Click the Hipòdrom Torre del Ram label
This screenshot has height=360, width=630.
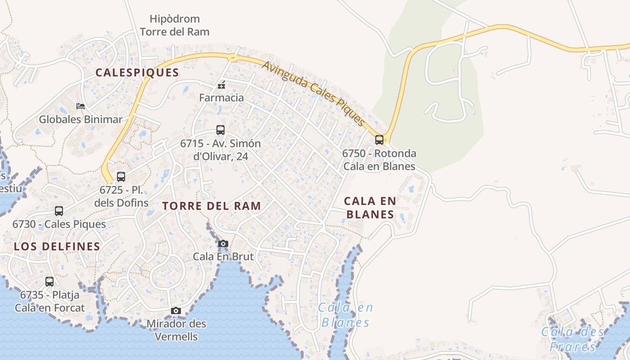point(175,25)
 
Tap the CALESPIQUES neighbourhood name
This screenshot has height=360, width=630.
point(137,72)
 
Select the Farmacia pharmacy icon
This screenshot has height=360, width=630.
point(221,85)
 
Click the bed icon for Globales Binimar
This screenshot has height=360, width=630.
point(81,106)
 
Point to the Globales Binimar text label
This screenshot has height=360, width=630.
point(81,119)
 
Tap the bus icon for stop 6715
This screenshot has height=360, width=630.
point(220,130)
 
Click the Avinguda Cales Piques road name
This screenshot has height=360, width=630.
point(313,93)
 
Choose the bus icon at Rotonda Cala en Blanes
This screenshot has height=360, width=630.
point(379,140)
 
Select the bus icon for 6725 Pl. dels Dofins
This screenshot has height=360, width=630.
point(121,177)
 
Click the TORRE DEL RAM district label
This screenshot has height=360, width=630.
point(211,206)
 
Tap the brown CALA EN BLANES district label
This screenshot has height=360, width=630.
point(370,207)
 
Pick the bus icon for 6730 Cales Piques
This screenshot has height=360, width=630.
point(59,211)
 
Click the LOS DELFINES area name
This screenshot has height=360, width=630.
point(57,246)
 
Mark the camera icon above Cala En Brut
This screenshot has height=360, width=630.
point(223,244)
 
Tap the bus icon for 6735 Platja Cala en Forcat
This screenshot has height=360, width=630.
point(49,282)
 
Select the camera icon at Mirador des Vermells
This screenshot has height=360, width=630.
point(176,311)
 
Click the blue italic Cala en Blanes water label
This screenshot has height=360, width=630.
point(346,315)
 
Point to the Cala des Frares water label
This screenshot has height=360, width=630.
point(572,339)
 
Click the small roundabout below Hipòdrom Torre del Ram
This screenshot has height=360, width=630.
point(233,57)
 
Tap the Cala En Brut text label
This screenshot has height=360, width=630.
point(223,256)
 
